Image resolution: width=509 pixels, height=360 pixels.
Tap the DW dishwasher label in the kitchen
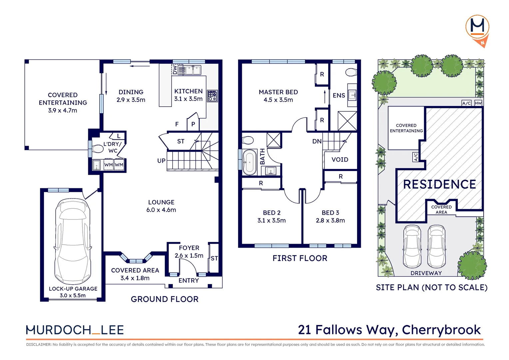(175, 70)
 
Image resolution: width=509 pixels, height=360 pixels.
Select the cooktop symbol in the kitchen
(212, 96)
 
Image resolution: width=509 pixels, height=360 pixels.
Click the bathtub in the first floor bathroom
(249, 162)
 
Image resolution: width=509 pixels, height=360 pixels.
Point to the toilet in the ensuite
(351, 72)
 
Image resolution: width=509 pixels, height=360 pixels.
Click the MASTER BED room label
(278, 92)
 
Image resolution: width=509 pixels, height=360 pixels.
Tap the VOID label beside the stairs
(340, 160)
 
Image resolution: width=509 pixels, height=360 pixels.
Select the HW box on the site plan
(478, 103)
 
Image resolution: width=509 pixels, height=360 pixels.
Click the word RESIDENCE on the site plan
(439, 184)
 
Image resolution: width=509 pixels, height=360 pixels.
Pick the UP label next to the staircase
(161, 161)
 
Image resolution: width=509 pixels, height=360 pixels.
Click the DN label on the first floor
(317, 141)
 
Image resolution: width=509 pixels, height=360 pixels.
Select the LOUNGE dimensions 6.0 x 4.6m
(161, 210)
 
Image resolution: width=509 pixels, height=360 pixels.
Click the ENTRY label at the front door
(189, 281)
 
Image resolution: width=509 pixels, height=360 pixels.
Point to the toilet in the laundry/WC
(97, 149)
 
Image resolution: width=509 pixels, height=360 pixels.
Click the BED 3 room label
(330, 213)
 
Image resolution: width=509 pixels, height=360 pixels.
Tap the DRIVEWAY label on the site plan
(426, 273)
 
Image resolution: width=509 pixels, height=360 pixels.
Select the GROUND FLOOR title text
(165, 299)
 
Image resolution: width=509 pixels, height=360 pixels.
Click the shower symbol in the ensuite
(347, 121)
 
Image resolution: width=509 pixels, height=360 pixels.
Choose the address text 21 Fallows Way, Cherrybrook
(389, 330)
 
